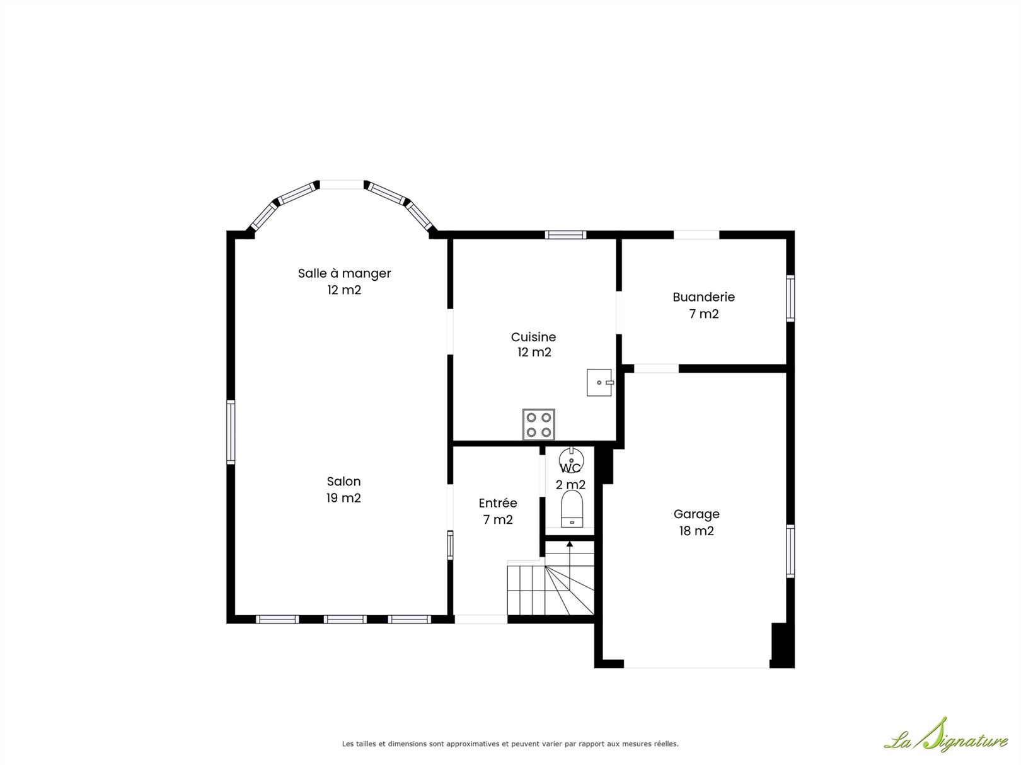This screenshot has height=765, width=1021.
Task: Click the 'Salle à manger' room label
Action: pyautogui.click(x=344, y=274)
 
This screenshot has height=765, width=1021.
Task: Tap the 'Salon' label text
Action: pyautogui.click(x=343, y=481)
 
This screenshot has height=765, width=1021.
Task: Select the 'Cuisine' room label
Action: pyautogui.click(x=534, y=337)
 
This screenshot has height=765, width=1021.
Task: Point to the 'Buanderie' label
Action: pyautogui.click(x=704, y=297)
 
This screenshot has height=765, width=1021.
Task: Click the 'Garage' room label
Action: pyautogui.click(x=696, y=514)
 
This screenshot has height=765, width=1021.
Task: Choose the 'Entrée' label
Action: pyautogui.click(x=498, y=502)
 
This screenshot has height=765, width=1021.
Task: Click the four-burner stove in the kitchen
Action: pyautogui.click(x=539, y=424)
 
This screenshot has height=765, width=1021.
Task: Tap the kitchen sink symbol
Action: pyautogui.click(x=599, y=382)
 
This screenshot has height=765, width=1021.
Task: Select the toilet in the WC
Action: pyautogui.click(x=572, y=509)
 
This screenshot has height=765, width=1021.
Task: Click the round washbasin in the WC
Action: pyautogui.click(x=571, y=458)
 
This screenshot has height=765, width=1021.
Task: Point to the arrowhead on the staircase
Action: pyautogui.click(x=570, y=544)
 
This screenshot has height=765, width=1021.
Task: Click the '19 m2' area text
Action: pyautogui.click(x=343, y=498)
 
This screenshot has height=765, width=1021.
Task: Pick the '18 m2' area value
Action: pyautogui.click(x=696, y=530)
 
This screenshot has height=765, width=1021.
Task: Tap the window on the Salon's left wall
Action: pyautogui.click(x=231, y=432)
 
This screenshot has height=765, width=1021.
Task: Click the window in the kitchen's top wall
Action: pyautogui.click(x=565, y=235)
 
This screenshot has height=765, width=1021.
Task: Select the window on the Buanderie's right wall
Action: pyautogui.click(x=790, y=298)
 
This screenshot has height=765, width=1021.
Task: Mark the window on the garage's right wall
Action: pyautogui.click(x=790, y=552)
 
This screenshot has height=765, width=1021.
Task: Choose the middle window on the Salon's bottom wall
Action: pyautogui.click(x=345, y=619)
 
